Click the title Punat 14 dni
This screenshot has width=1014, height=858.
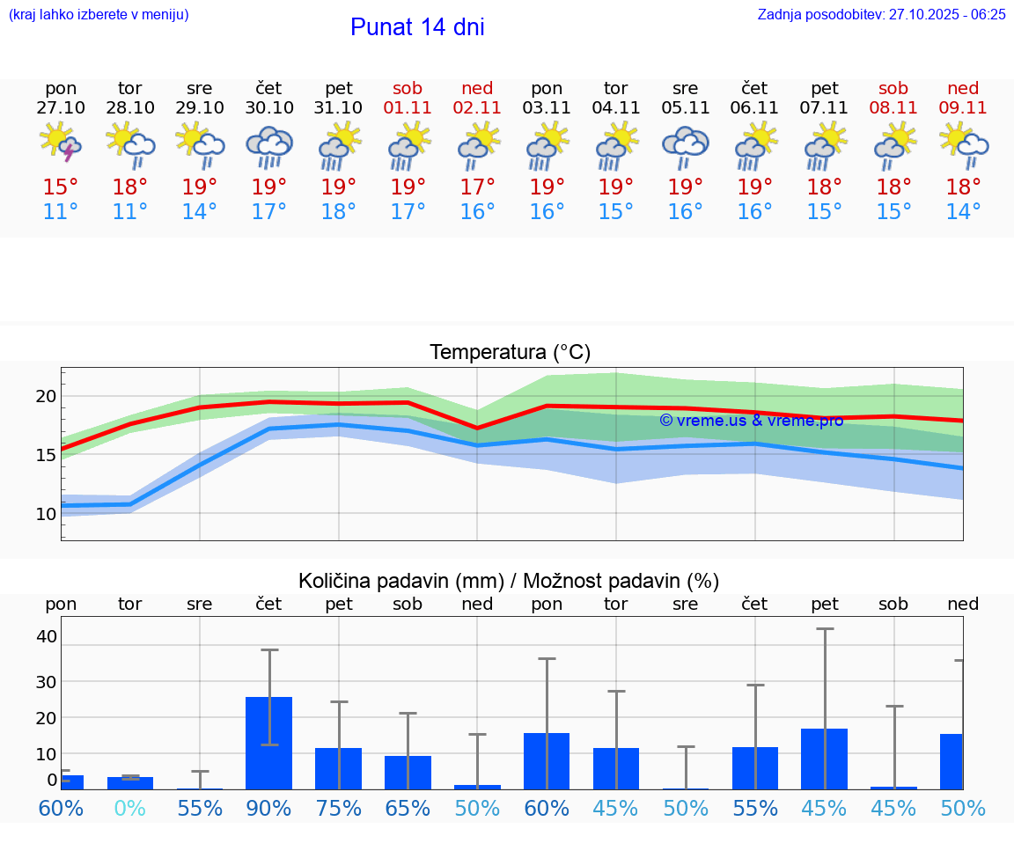click(417, 27)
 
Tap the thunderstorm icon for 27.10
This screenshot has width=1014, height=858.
click(61, 143)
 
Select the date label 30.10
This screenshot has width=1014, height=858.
click(269, 107)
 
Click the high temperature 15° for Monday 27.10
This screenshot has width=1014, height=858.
click(61, 187)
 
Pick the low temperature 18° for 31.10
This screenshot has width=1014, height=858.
click(339, 212)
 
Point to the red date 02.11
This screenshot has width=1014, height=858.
click(477, 107)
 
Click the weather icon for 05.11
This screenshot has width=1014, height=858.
click(685, 145)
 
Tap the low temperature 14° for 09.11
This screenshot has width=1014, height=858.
click(963, 212)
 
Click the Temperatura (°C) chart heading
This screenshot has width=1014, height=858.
click(510, 352)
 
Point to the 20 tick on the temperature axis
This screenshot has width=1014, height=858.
click(46, 396)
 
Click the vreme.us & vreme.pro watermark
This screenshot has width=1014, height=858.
click(751, 421)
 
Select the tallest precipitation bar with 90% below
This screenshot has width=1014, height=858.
click(268, 743)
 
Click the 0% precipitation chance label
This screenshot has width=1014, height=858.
click(130, 808)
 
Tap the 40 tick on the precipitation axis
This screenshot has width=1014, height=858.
click(46, 635)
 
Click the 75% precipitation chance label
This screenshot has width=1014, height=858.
click(339, 808)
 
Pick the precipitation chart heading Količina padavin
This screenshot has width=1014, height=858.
click(509, 581)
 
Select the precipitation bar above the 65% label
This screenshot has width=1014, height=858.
click(408, 772)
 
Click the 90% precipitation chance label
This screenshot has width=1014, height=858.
click(269, 808)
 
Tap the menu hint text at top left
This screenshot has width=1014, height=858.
click(99, 14)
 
